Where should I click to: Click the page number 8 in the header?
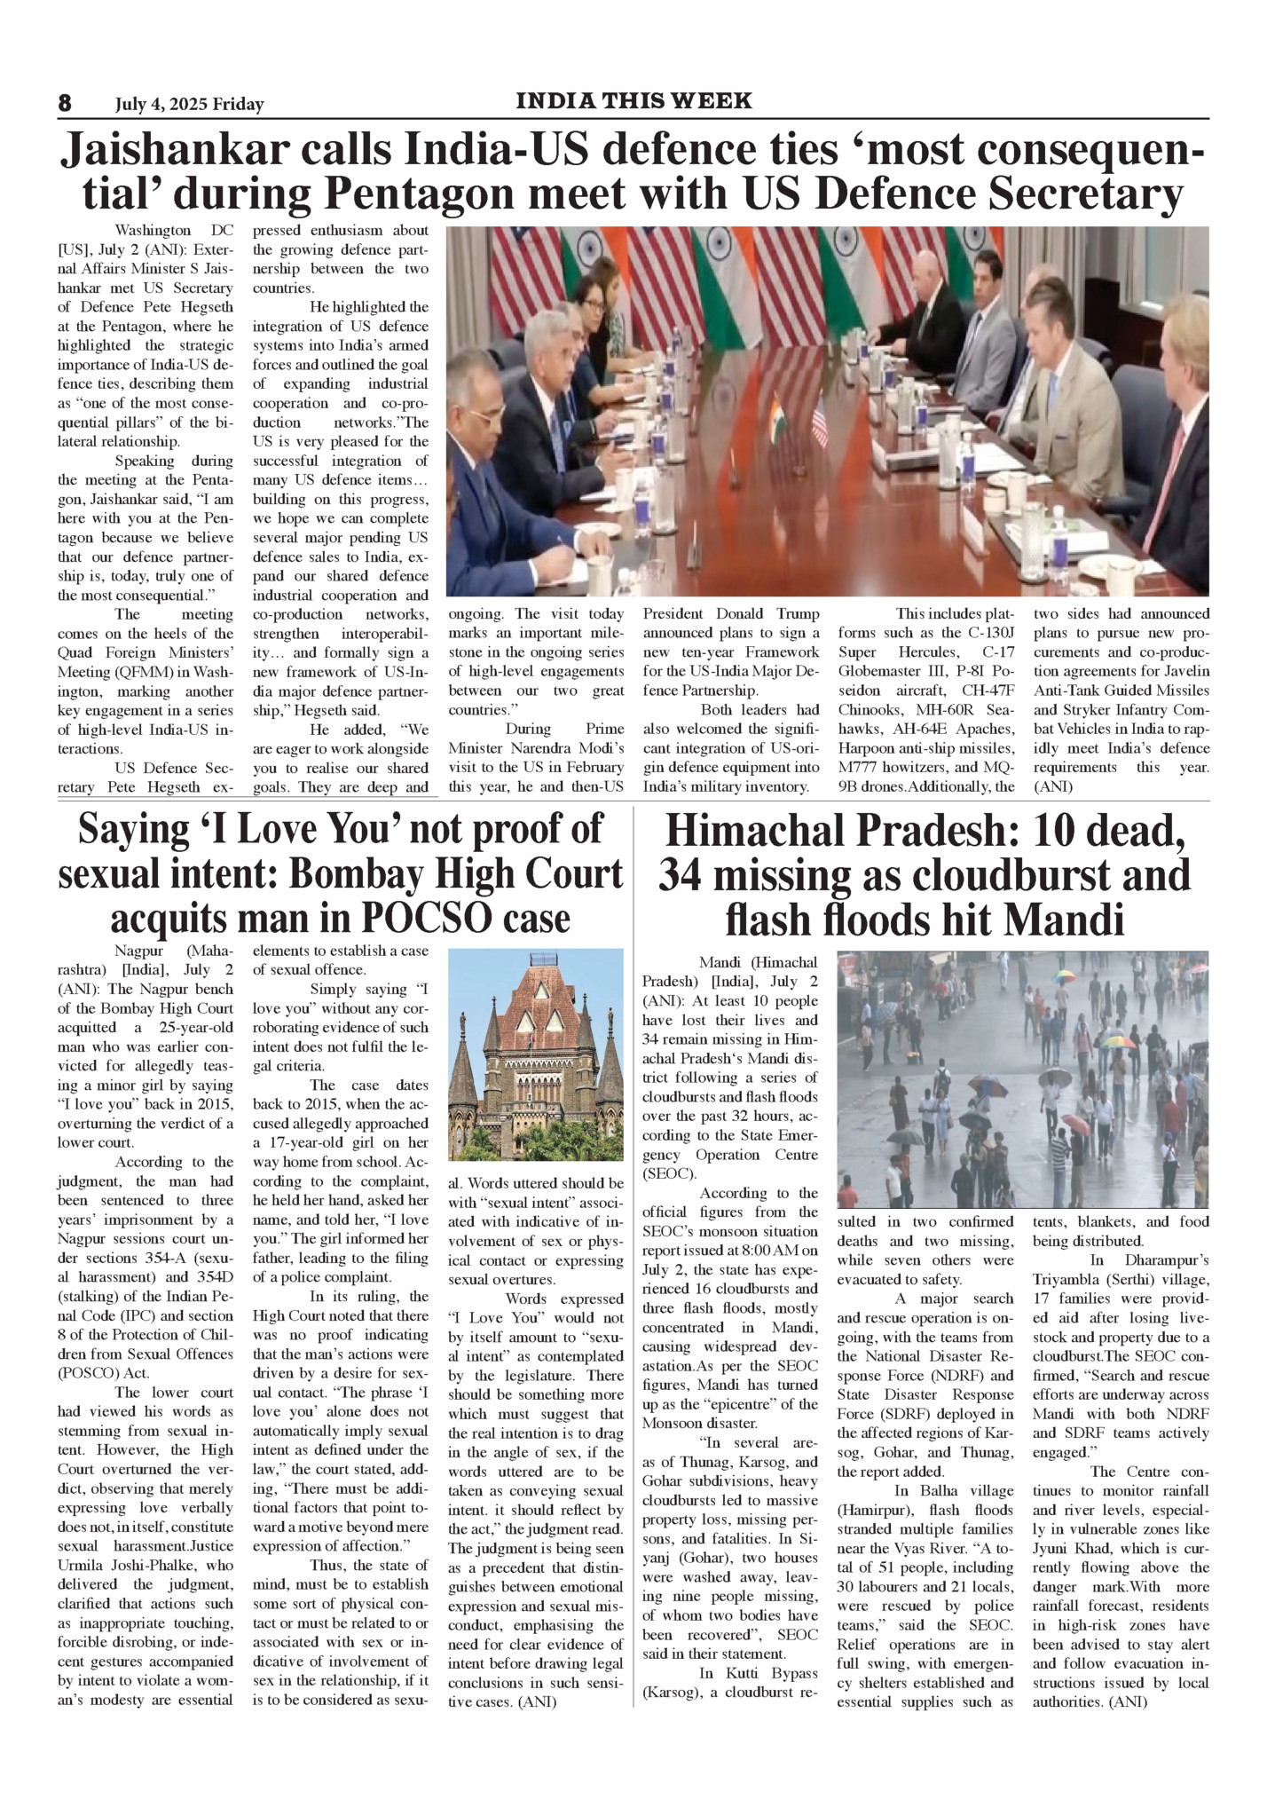[x=65, y=103]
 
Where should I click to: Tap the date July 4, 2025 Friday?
[x=189, y=105]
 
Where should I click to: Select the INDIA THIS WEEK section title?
[x=633, y=101]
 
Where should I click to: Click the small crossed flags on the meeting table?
[x=798, y=417]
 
